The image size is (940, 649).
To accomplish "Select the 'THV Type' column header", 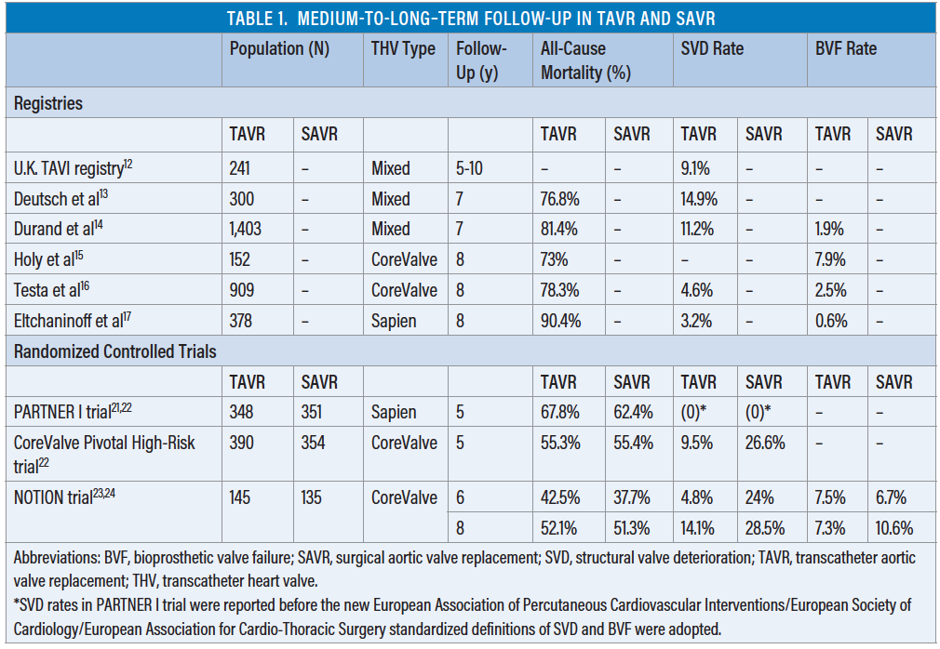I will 403,49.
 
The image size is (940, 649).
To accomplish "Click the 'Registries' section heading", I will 48,103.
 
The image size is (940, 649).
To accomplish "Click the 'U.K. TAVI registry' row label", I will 69,168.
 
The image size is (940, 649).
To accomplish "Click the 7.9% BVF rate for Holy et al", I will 830,259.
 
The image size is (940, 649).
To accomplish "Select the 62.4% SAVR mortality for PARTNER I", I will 634,412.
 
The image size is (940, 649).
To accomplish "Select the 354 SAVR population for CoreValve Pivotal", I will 314,443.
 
